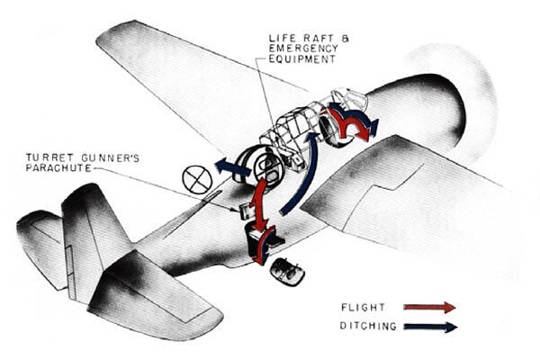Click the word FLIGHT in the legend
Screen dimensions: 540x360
[x=363, y=307]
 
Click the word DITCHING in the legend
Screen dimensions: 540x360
[x=368, y=326]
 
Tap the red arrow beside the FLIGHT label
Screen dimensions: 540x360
[x=429, y=307]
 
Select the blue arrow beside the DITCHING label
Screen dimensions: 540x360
[x=430, y=327]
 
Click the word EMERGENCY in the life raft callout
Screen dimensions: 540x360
[x=303, y=49]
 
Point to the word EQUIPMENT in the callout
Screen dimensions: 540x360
[x=302, y=58]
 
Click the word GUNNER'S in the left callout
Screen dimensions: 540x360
[x=110, y=157]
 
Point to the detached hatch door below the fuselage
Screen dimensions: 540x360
[x=288, y=272]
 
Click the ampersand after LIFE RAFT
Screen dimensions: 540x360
[x=345, y=38]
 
